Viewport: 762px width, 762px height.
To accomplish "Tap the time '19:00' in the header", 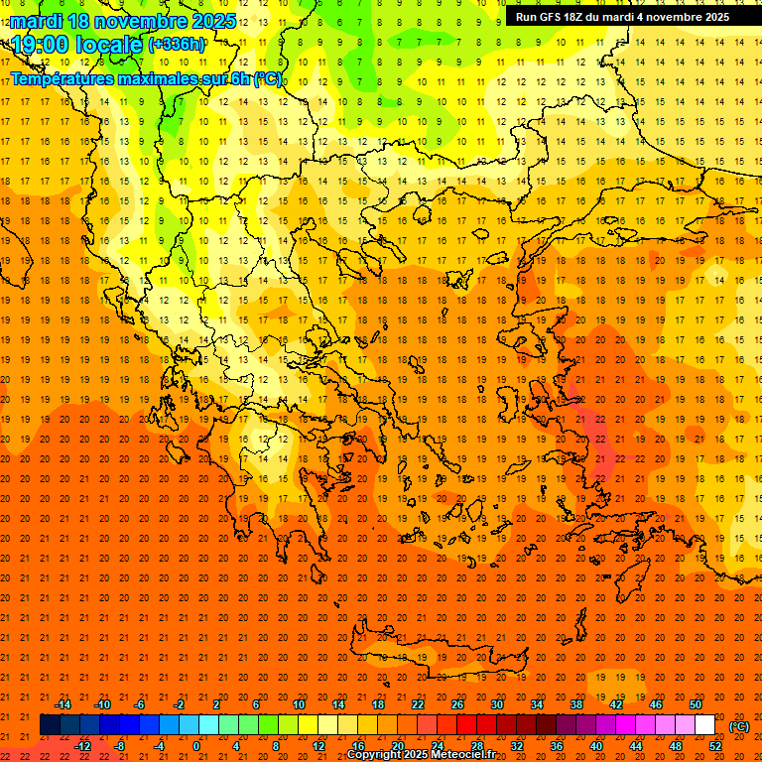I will (41, 45).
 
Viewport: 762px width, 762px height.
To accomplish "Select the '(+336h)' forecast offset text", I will (177, 45).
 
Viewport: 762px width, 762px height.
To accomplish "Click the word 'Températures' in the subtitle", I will (66, 78).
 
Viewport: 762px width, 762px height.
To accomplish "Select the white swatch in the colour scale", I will (704, 725).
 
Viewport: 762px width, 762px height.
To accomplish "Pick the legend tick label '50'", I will (695, 704).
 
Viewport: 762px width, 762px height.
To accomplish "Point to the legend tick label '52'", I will (714, 746).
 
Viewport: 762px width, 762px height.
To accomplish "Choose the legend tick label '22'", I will (417, 704).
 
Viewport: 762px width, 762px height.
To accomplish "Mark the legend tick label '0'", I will (197, 746).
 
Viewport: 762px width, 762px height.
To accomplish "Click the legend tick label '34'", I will (536, 704).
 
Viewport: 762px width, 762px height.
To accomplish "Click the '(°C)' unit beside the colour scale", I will (739, 725).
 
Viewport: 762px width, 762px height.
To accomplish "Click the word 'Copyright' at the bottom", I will (378, 755).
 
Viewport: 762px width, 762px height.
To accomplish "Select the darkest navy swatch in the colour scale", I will (50, 725).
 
